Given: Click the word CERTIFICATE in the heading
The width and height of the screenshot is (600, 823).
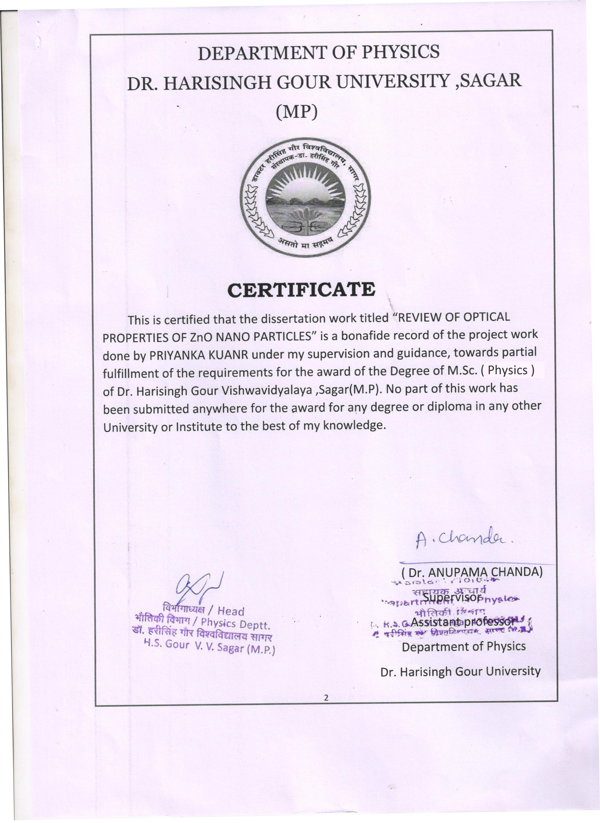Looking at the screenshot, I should coord(301,290).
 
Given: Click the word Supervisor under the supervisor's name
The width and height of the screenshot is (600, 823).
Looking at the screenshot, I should coord(452,597).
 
